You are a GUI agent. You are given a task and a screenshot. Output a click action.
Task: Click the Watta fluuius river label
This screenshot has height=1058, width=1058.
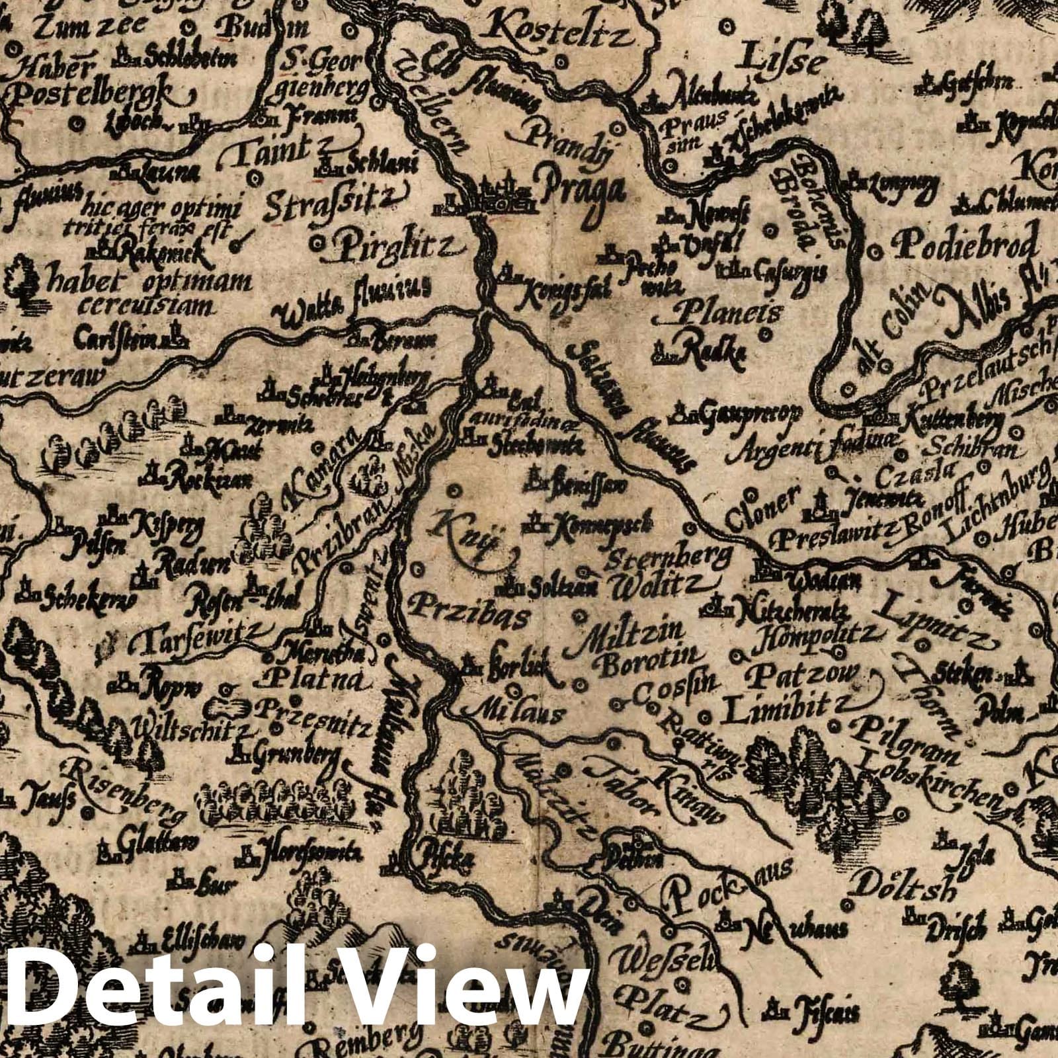[x=354, y=304]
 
